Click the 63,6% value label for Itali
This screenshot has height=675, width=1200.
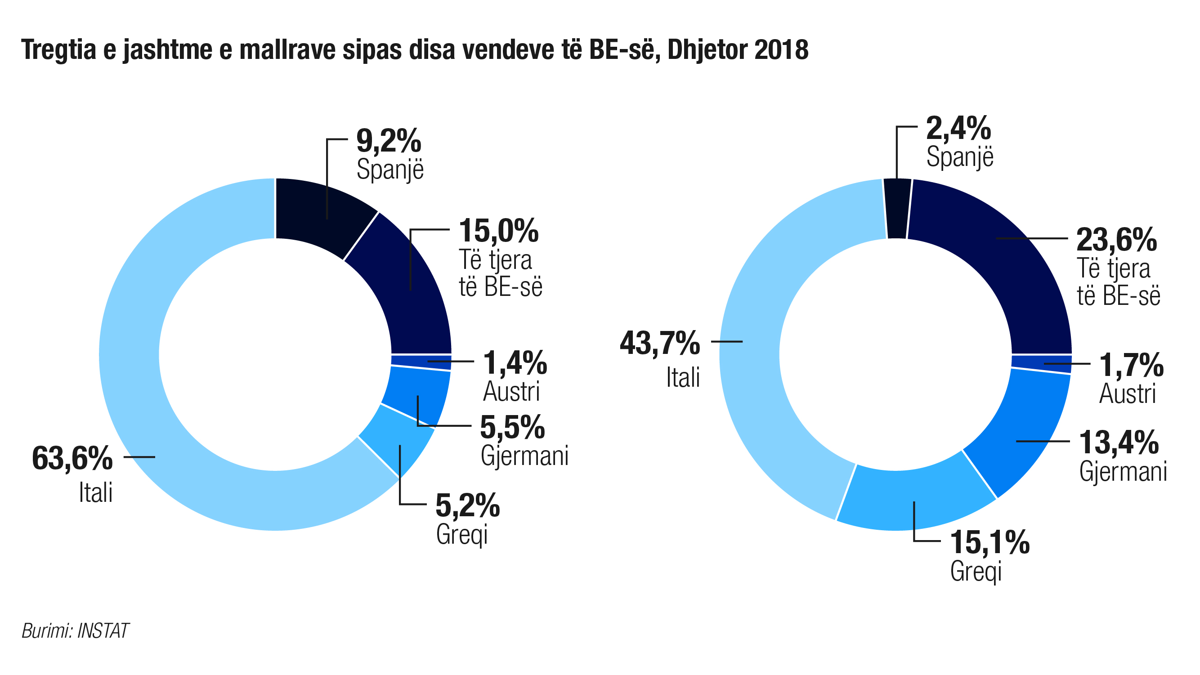pos(72,458)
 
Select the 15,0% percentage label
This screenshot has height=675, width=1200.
pos(498,231)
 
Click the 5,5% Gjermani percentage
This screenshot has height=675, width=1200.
pos(512,427)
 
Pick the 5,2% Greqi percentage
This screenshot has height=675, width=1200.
pos(467,505)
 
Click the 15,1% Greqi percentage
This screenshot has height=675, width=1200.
pos(990,543)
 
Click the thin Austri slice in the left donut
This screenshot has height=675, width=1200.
pos(421,362)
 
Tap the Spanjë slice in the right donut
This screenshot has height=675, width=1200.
pos(897,208)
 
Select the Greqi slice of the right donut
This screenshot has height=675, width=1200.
pos(913,498)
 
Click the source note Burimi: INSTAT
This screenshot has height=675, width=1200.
pos(75,631)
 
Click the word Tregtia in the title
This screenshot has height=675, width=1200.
pos(58,49)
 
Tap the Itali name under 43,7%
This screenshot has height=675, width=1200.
pos(683,377)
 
